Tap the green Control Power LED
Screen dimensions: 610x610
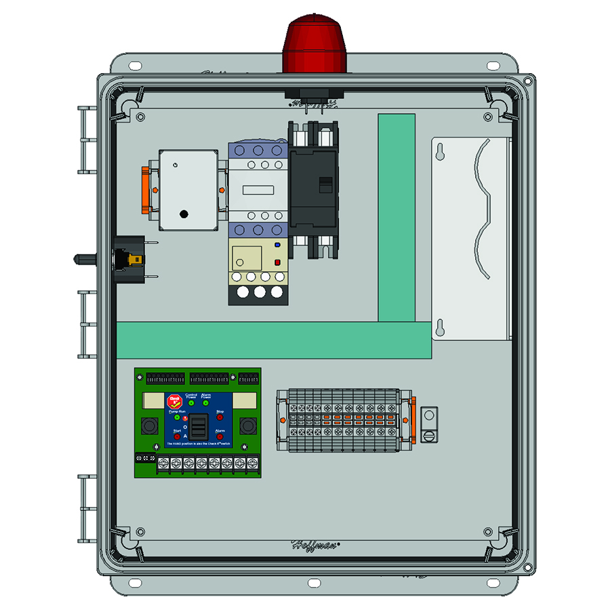(192, 403)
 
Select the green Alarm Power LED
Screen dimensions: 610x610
(206, 403)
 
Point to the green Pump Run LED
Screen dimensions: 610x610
(178, 418)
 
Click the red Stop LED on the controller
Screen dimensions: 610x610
(220, 418)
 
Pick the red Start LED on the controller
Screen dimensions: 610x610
(178, 437)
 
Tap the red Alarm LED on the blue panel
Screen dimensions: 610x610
(220, 437)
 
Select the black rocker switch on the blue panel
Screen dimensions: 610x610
(199, 427)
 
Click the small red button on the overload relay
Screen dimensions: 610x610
(277, 262)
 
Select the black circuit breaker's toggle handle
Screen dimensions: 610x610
(326, 185)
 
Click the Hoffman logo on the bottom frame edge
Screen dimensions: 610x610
(315, 544)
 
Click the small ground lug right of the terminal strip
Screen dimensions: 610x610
(428, 424)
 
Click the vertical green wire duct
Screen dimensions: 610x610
(396, 217)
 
